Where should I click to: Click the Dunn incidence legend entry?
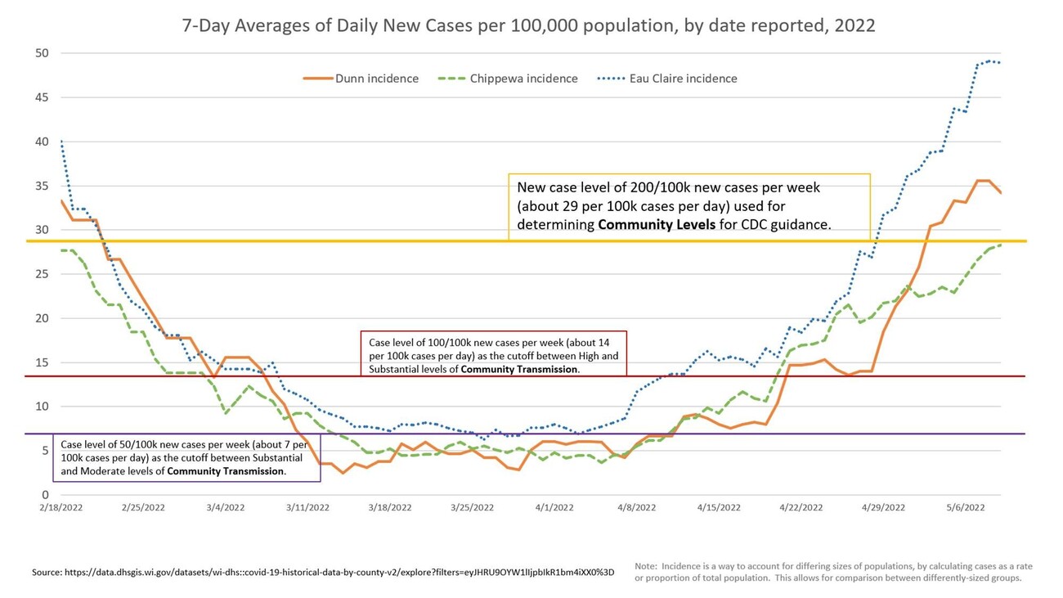pos(361,79)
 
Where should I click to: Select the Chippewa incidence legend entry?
pos(508,79)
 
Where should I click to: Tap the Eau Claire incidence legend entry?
pos(667,79)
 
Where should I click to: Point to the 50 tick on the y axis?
pos(42,53)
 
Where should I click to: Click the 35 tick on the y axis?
pos(42,186)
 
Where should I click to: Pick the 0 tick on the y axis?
pos(45,495)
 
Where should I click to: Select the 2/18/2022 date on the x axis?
pos(61,507)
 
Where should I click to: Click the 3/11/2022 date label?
pos(307,507)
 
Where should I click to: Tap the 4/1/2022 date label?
pos(554,507)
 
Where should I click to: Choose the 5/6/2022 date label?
pos(966,507)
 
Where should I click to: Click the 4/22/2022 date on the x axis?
pos(801,507)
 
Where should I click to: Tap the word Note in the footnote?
pos(646,566)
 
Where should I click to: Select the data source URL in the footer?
pos(343,573)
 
